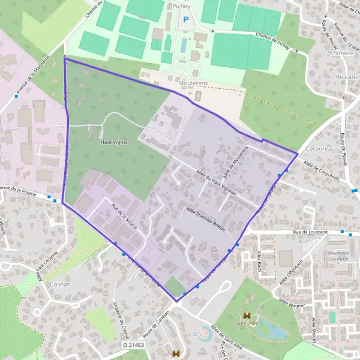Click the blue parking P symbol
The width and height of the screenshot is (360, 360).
click(185, 20)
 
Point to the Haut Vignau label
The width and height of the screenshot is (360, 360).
click(112, 143)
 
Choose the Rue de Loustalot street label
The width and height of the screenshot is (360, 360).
click(310, 230)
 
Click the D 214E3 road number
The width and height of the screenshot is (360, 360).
click(134, 345)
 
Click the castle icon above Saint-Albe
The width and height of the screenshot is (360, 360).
click(246, 315)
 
